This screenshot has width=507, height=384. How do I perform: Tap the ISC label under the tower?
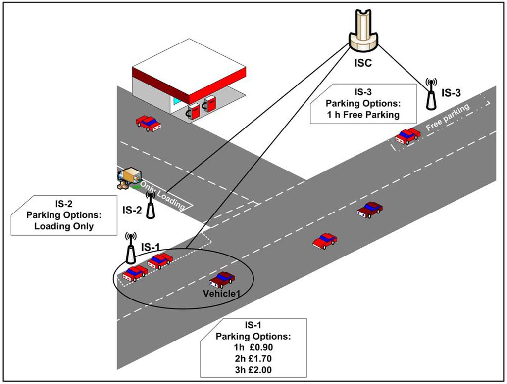pyautogui.click(x=363, y=64)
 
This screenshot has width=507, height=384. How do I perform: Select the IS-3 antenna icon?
pyautogui.click(x=431, y=94)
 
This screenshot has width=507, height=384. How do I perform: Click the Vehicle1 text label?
pyautogui.click(x=222, y=294)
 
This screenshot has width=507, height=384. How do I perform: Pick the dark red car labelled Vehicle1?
pyautogui.click(x=222, y=280)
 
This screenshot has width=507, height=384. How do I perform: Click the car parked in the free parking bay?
pyautogui.click(x=407, y=136)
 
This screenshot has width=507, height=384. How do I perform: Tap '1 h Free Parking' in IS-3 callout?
pyautogui.click(x=362, y=115)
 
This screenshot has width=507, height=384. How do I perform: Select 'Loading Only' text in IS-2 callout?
pyautogui.click(x=63, y=226)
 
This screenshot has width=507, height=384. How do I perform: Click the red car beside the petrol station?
pyautogui.click(x=149, y=123)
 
